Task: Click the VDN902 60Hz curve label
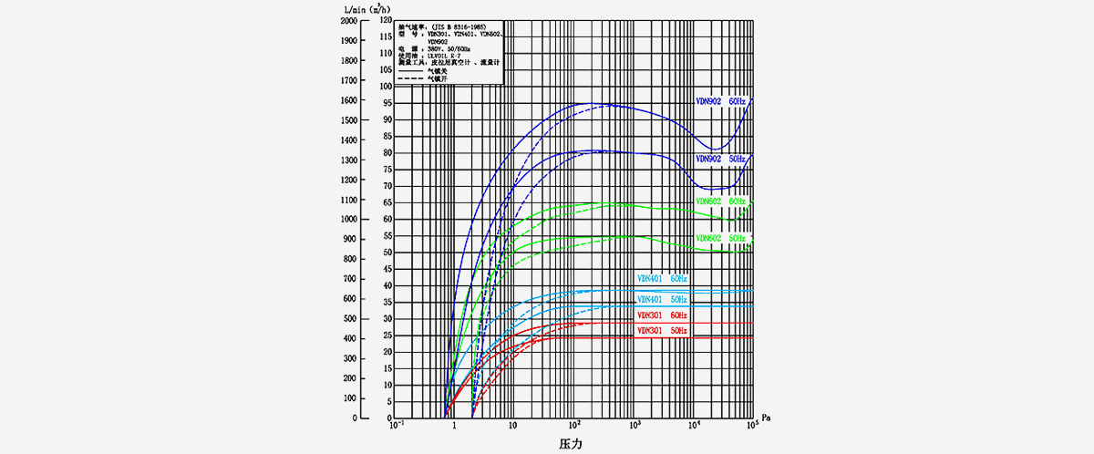pos(720,101)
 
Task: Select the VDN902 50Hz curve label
pos(720,159)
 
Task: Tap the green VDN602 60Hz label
pos(720,201)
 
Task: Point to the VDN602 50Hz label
pos(720,238)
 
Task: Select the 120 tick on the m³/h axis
pos(384,20)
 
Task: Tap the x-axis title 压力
pos(572,444)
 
